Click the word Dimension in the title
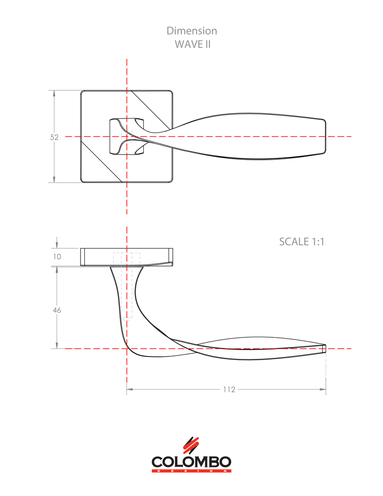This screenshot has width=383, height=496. point(191,31)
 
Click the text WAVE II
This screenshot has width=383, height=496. point(191,44)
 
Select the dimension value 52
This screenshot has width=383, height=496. point(54,137)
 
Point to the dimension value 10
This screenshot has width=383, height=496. point(57,257)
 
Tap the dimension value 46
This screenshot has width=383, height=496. point(57,310)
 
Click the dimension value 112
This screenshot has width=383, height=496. point(229,389)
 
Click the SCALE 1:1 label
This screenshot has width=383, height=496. point(302,242)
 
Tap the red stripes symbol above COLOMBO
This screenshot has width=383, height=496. point(191,445)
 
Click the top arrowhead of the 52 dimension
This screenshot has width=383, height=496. point(55,93)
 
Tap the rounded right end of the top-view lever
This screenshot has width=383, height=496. point(324,136)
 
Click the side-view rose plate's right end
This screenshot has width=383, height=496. point(170,257)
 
